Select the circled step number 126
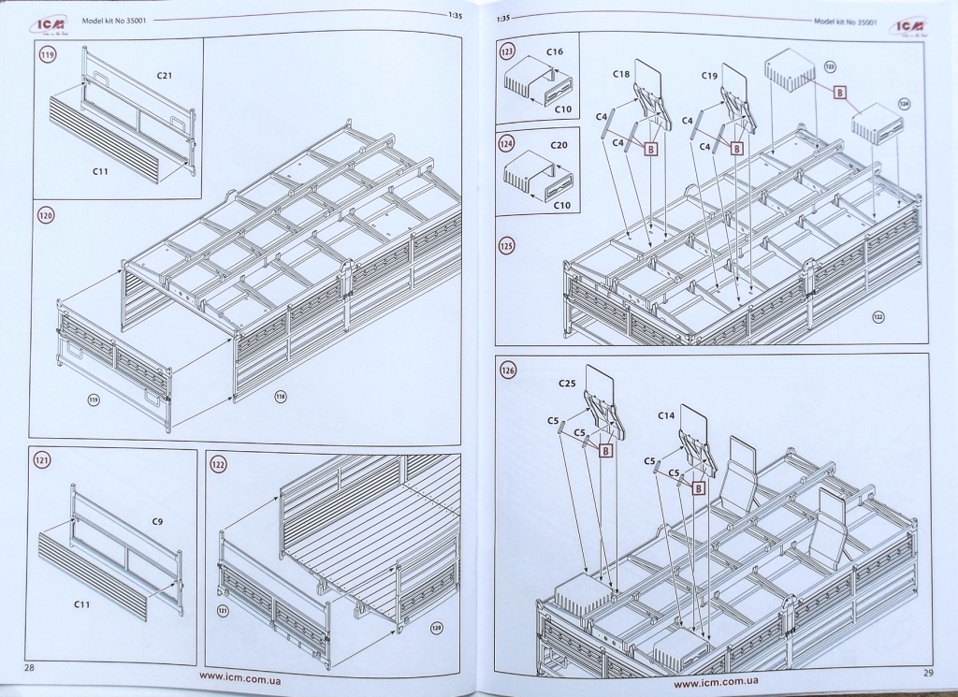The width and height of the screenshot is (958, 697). click(x=508, y=369)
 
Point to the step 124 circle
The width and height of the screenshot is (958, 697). click(x=508, y=145)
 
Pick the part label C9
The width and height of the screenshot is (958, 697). click(x=158, y=521)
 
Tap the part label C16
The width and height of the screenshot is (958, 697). click(x=555, y=52)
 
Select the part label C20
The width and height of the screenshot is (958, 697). click(x=559, y=145)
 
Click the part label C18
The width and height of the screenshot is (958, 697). click(x=621, y=73)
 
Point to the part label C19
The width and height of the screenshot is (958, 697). click(x=709, y=73)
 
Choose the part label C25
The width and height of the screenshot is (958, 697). click(x=567, y=385)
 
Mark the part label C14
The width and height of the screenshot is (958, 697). click(x=666, y=414)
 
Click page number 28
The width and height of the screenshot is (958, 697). click(x=29, y=667)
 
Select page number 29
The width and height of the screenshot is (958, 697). click(x=927, y=673)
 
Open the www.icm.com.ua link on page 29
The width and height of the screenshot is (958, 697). click(x=715, y=683)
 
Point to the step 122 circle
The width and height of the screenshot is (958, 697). click(x=219, y=464)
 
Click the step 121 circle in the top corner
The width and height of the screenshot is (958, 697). click(x=41, y=460)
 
